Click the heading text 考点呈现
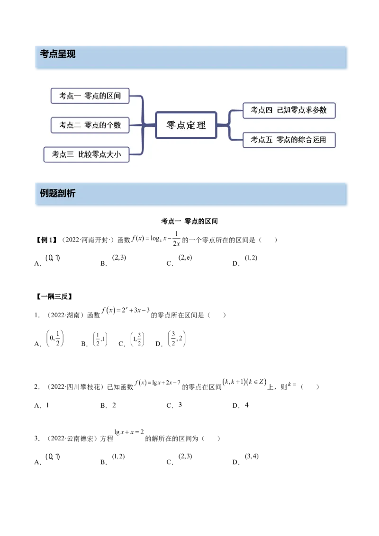click(x=58, y=54)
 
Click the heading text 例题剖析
click(x=58, y=193)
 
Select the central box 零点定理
click(x=186, y=125)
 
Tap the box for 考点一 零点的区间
click(x=90, y=96)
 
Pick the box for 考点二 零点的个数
click(x=90, y=125)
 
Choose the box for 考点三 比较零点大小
click(x=86, y=154)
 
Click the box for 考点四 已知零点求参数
click(x=289, y=110)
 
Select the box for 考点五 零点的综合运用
click(x=289, y=140)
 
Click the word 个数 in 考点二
click(x=114, y=125)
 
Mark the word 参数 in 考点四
click(x=320, y=110)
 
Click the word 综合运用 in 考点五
click(x=312, y=140)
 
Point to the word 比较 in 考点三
click(x=85, y=154)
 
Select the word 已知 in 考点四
click(x=284, y=110)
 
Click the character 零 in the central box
click(x=171, y=125)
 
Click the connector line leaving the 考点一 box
click(x=136, y=96)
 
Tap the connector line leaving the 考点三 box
click(x=136, y=154)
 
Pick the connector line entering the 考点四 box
click(x=236, y=110)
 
